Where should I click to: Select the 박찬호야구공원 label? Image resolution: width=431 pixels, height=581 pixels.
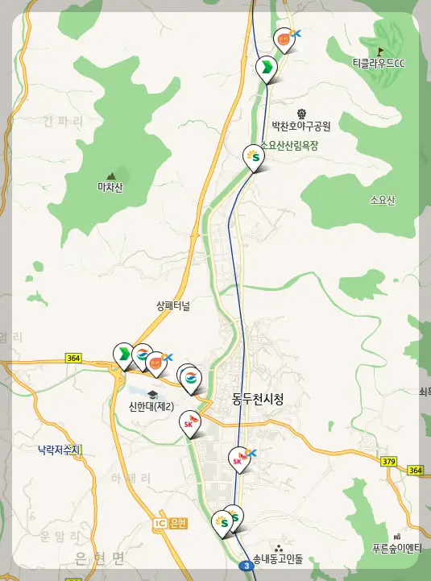301,127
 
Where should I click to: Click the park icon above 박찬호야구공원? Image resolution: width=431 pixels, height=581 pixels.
301,114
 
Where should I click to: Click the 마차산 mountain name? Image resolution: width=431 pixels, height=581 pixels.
110,188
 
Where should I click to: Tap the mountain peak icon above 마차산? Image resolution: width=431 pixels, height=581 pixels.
111,174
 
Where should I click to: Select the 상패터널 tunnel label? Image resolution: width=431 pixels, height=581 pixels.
173,306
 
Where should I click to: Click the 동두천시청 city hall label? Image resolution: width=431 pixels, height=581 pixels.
257,398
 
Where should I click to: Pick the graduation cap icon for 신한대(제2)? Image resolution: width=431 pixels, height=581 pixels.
152,393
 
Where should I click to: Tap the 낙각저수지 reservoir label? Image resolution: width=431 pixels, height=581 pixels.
60,449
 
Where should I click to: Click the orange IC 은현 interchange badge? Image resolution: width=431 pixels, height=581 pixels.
169,524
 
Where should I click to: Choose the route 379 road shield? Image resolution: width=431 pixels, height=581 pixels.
389,460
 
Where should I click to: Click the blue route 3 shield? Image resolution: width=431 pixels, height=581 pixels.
245,566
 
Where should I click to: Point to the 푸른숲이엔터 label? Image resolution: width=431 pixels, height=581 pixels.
396,549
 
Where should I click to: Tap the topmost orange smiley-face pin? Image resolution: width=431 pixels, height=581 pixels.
284,39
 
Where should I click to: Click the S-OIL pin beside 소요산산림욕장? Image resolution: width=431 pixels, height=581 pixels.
254,156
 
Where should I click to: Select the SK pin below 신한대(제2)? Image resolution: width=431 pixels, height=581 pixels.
189,422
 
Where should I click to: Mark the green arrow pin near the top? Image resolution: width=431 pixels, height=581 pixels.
265,68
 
